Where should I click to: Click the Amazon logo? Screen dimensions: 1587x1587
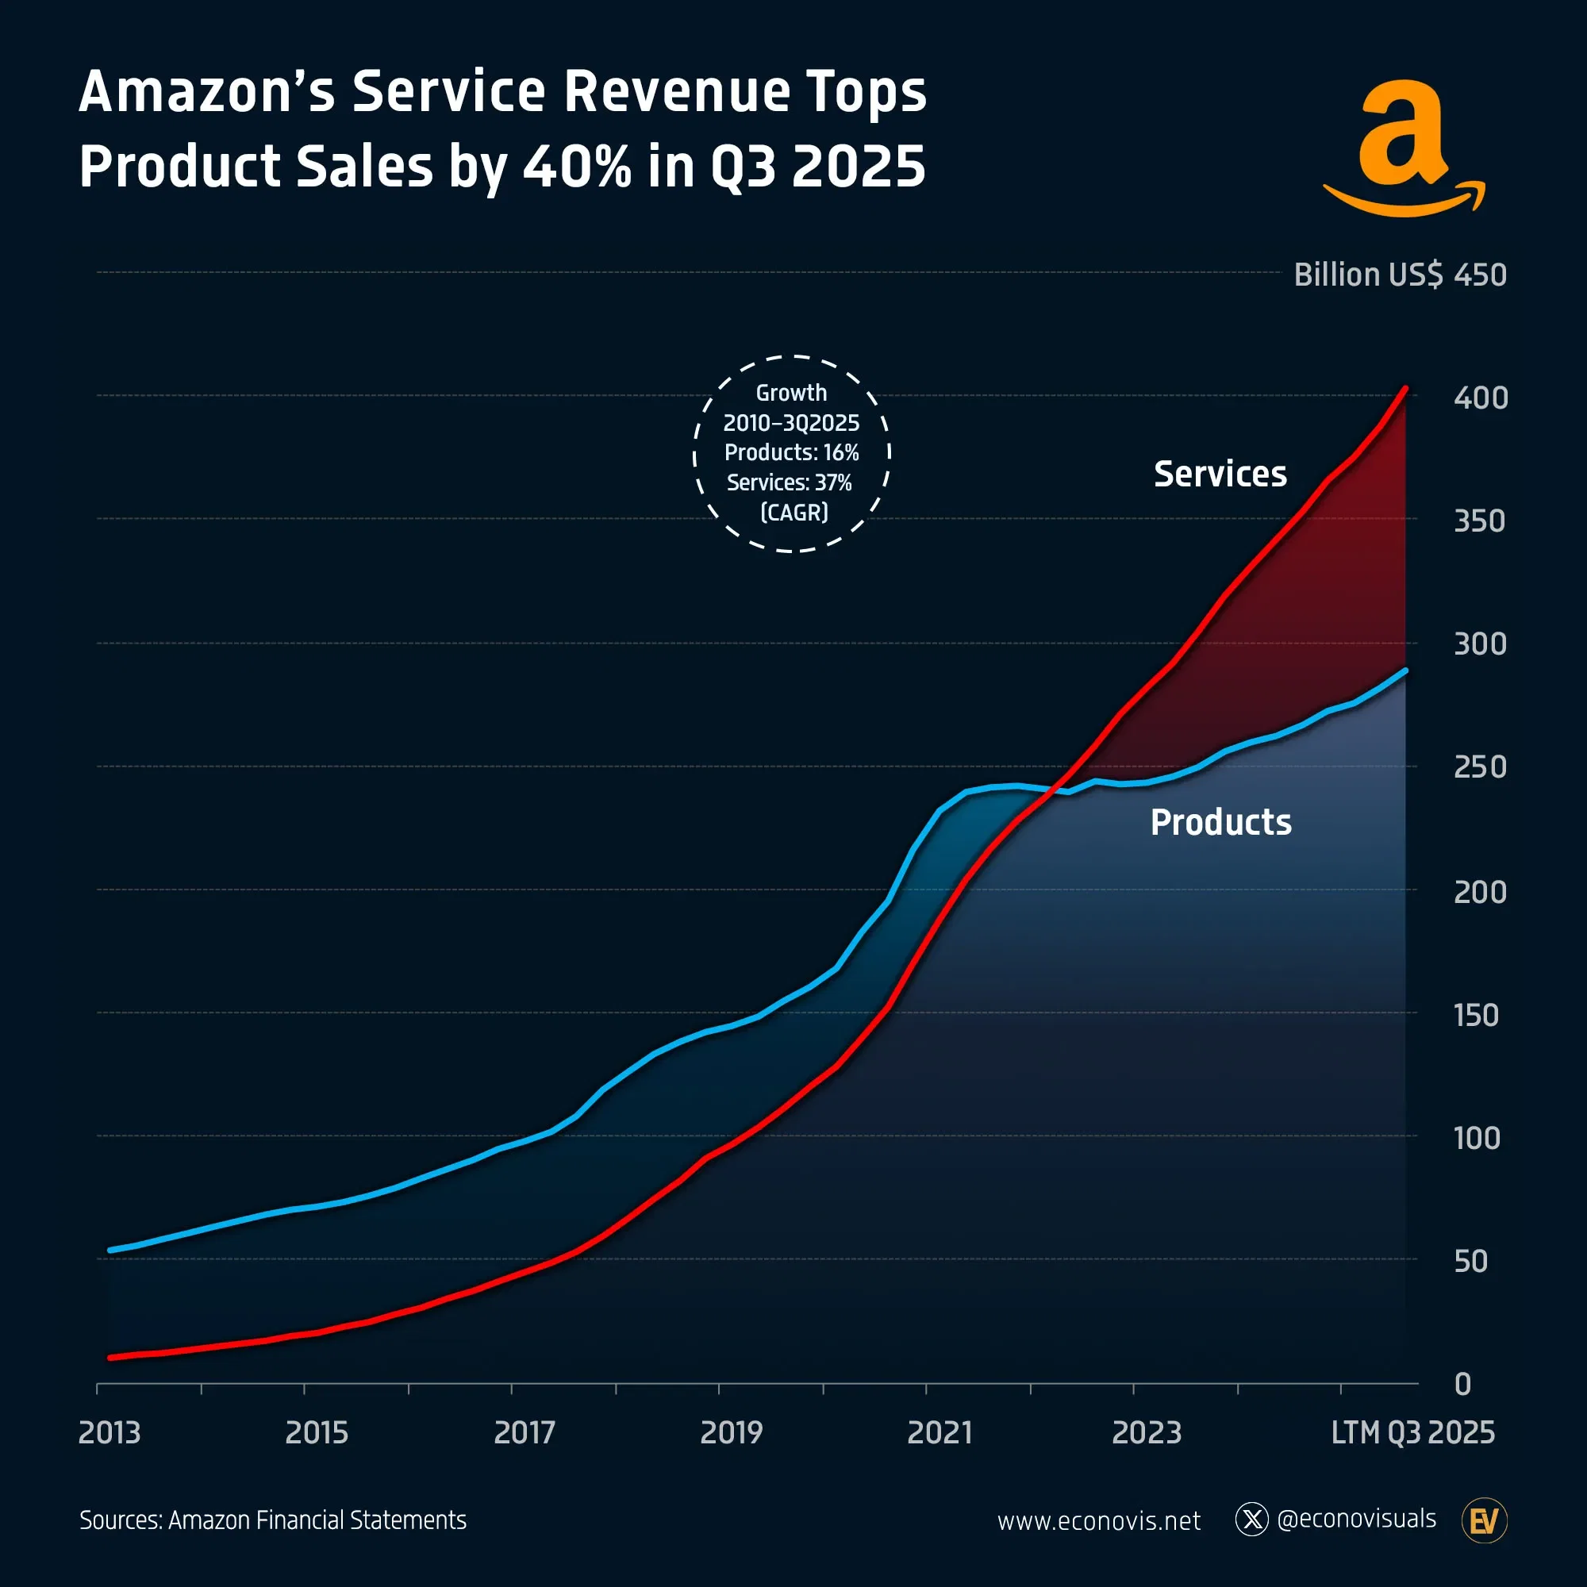(x=1403, y=148)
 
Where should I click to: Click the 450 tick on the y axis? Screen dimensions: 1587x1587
(x=1479, y=275)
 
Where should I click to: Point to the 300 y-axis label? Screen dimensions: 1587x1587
(x=1479, y=644)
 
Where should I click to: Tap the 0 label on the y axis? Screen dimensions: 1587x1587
(x=1462, y=1384)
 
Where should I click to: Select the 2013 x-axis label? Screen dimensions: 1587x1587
(x=110, y=1432)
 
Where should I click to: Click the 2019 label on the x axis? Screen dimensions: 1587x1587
(x=731, y=1432)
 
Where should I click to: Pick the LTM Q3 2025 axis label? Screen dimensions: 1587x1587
(x=1412, y=1432)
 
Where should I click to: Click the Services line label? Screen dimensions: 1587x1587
(x=1220, y=474)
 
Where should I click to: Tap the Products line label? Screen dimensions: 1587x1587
(x=1220, y=822)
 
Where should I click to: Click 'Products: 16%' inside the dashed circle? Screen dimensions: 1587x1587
(x=791, y=452)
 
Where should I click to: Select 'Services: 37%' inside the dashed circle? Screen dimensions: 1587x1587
(x=789, y=482)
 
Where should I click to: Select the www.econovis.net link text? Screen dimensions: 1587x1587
(x=1098, y=1520)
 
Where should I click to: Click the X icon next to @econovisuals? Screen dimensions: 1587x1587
(x=1251, y=1519)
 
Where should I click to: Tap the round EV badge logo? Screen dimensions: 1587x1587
(x=1485, y=1520)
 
